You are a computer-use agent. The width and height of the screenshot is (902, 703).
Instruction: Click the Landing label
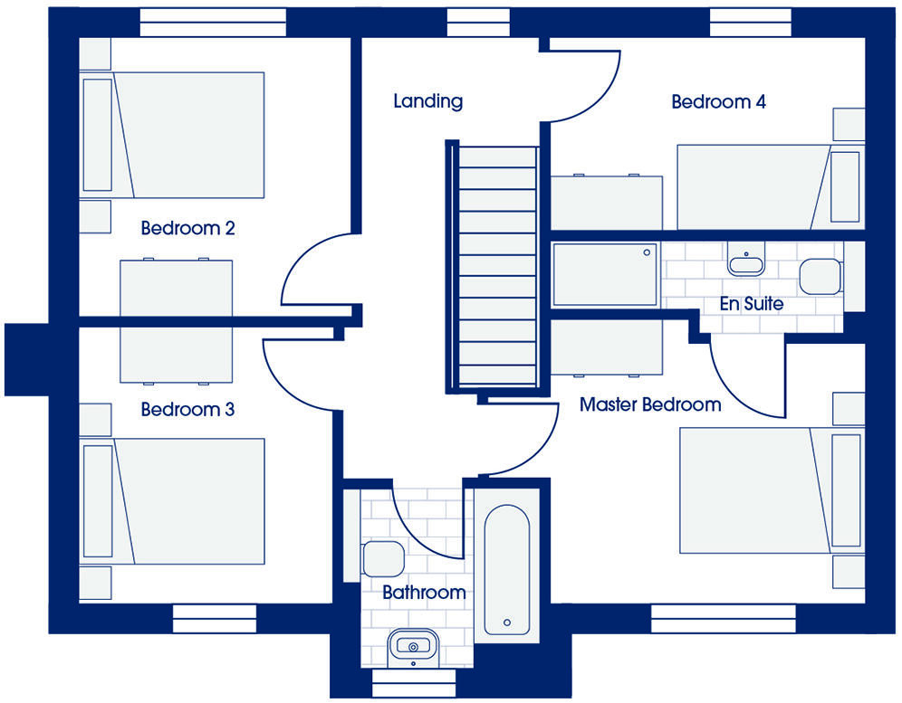pyautogui.click(x=427, y=101)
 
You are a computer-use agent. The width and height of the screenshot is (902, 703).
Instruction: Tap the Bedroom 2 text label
pyautogui.click(x=187, y=228)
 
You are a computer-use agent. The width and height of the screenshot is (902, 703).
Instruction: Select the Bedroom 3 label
pyautogui.click(x=187, y=410)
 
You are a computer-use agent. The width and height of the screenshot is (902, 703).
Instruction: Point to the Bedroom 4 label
pyautogui.click(x=718, y=101)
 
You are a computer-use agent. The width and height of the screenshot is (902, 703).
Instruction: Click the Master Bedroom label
pyautogui.click(x=650, y=404)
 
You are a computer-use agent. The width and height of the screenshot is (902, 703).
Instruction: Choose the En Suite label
pyautogui.click(x=751, y=304)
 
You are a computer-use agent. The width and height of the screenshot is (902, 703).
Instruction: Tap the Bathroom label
pyautogui.click(x=424, y=594)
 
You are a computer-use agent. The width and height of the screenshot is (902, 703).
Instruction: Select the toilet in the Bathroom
pyautogui.click(x=381, y=559)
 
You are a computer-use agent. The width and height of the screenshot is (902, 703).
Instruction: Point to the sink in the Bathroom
pyautogui.click(x=413, y=646)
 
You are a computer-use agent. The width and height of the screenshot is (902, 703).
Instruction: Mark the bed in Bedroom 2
pyautogui.click(x=174, y=134)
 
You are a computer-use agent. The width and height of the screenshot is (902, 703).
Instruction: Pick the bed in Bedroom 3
pyautogui.click(x=174, y=501)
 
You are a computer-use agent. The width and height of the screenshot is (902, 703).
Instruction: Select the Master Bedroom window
pyautogui.click(x=724, y=619)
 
